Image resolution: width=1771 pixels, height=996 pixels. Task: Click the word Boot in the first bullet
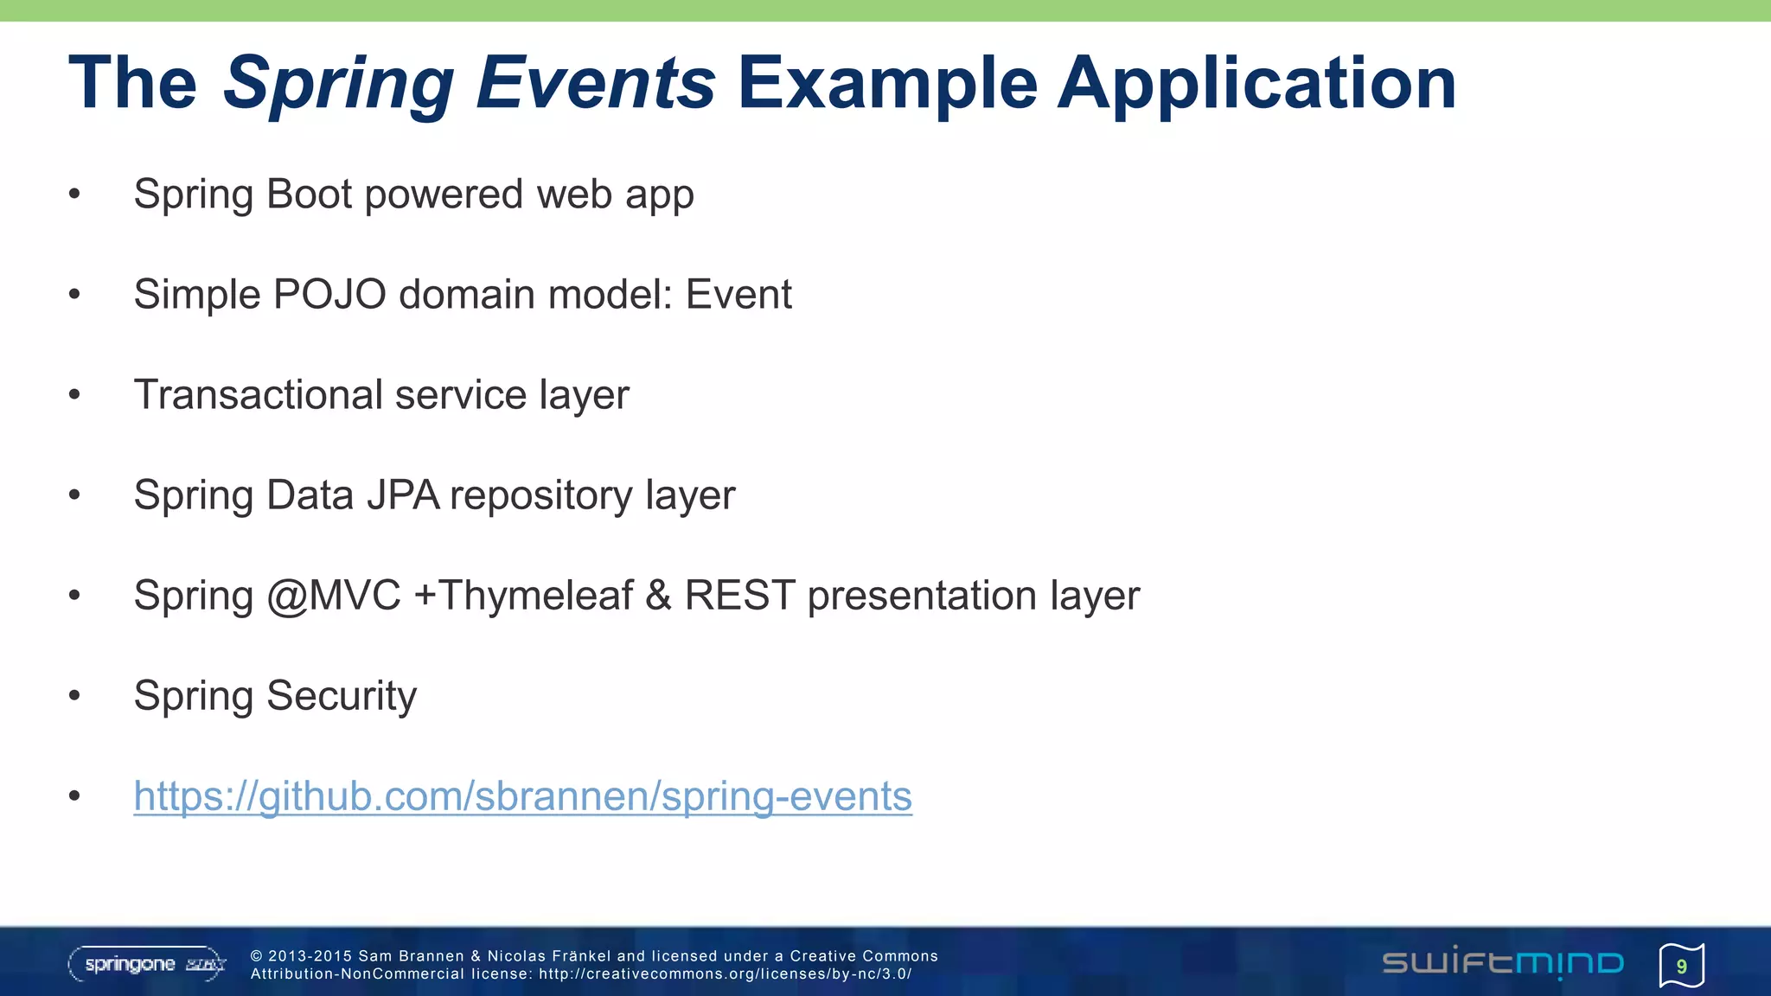click(x=309, y=194)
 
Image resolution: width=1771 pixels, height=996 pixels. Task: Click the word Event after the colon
click(x=738, y=294)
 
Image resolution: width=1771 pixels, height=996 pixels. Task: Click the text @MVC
click(x=334, y=596)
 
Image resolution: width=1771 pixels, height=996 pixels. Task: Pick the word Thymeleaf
click(x=536, y=596)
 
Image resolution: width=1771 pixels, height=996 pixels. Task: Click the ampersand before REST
click(x=658, y=596)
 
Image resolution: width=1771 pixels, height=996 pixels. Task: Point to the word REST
click(x=739, y=596)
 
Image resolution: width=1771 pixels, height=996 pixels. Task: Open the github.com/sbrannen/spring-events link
click(x=522, y=796)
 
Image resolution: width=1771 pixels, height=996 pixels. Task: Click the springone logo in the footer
click(x=147, y=964)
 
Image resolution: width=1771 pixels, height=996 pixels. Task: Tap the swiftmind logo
click(x=1503, y=963)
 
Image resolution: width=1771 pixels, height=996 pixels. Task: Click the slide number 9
click(x=1681, y=966)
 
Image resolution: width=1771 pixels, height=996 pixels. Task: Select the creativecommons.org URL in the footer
click(x=725, y=974)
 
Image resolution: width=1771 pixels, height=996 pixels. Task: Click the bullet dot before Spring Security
click(x=74, y=695)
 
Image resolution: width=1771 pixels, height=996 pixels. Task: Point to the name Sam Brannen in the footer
click(x=412, y=956)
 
